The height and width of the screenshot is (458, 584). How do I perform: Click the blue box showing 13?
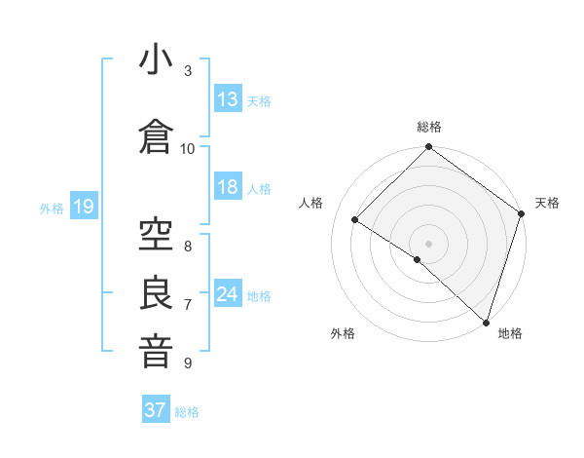[228, 99]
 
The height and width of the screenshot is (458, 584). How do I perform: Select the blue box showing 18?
[228, 187]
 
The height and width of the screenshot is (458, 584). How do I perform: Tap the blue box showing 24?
[228, 294]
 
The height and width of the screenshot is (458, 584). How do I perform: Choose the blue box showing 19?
[83, 207]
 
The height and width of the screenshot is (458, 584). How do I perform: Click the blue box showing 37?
[156, 410]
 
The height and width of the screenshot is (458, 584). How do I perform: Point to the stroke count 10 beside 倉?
[188, 148]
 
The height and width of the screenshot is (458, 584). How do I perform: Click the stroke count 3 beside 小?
[188, 71]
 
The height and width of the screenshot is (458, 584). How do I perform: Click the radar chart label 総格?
[428, 127]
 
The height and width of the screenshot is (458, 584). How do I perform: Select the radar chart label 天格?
[547, 203]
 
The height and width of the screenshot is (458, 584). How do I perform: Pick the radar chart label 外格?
[343, 333]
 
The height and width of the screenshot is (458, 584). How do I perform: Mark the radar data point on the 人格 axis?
[355, 219]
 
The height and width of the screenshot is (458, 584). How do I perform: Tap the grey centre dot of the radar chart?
[428, 243]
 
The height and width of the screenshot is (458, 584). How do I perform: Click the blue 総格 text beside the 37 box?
[187, 412]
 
